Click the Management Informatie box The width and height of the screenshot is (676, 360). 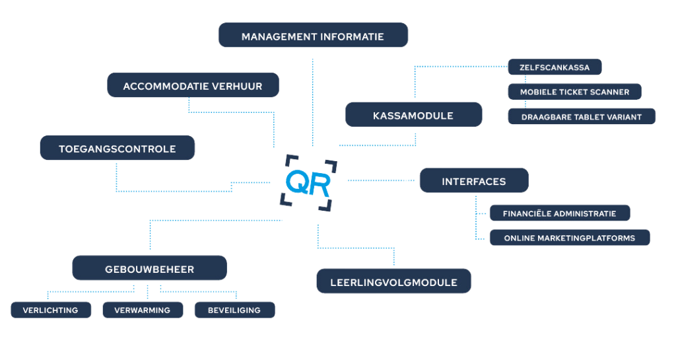(x=312, y=36)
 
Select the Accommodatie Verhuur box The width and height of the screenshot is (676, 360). (x=193, y=86)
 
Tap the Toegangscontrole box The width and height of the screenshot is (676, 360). (x=118, y=149)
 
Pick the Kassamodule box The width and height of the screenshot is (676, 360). (x=413, y=115)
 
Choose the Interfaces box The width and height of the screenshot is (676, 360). (x=473, y=181)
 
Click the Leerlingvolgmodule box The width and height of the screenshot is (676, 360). (x=394, y=282)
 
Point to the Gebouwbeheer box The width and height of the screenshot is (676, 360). (x=149, y=270)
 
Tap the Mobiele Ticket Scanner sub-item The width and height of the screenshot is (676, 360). (x=574, y=92)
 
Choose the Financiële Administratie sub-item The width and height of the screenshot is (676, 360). (x=559, y=213)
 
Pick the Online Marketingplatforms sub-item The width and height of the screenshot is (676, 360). (x=569, y=238)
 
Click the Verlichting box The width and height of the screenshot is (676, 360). (x=50, y=310)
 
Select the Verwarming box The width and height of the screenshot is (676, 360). (x=142, y=310)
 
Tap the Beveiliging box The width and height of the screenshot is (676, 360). (x=234, y=310)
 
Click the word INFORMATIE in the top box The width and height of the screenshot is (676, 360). (x=352, y=36)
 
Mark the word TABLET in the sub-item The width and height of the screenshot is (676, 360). (x=583, y=116)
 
